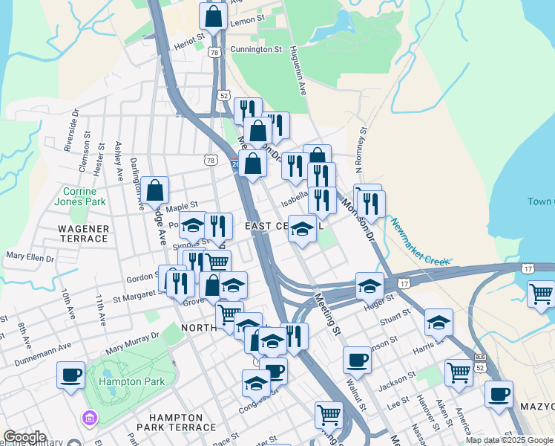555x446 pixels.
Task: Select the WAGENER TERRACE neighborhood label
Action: click(x=83, y=233)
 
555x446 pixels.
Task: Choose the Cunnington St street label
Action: click(x=256, y=50)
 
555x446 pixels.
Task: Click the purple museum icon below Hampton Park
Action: click(x=91, y=419)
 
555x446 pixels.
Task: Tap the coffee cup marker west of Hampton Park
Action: click(x=71, y=374)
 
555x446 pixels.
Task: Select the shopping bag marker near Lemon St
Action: click(x=213, y=16)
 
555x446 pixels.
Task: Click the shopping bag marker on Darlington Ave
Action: click(x=155, y=190)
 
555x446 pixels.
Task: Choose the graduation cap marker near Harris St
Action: click(x=439, y=323)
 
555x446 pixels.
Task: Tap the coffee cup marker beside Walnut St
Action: click(x=357, y=361)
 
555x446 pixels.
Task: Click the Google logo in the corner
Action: click(x=24, y=437)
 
